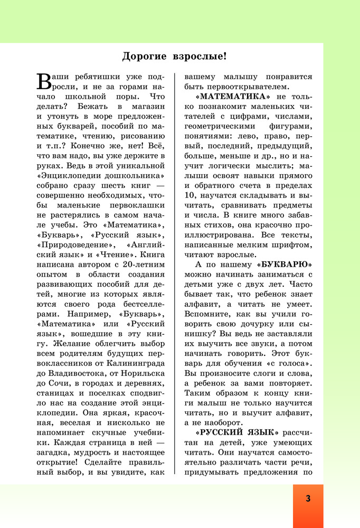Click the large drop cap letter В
point(45,80)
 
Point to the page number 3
point(308,499)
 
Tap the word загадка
point(57,462)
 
